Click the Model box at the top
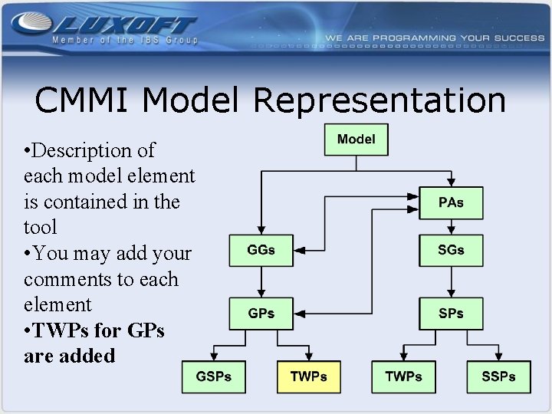(x=356, y=140)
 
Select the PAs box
(x=451, y=204)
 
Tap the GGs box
(x=261, y=251)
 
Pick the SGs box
(x=451, y=251)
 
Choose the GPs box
(x=261, y=314)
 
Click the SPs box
(x=451, y=314)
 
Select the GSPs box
(x=213, y=376)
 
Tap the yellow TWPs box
(x=308, y=376)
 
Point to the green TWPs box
(x=403, y=376)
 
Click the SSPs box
(x=498, y=376)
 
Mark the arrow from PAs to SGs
(x=451, y=227)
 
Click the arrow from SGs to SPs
(x=451, y=282)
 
